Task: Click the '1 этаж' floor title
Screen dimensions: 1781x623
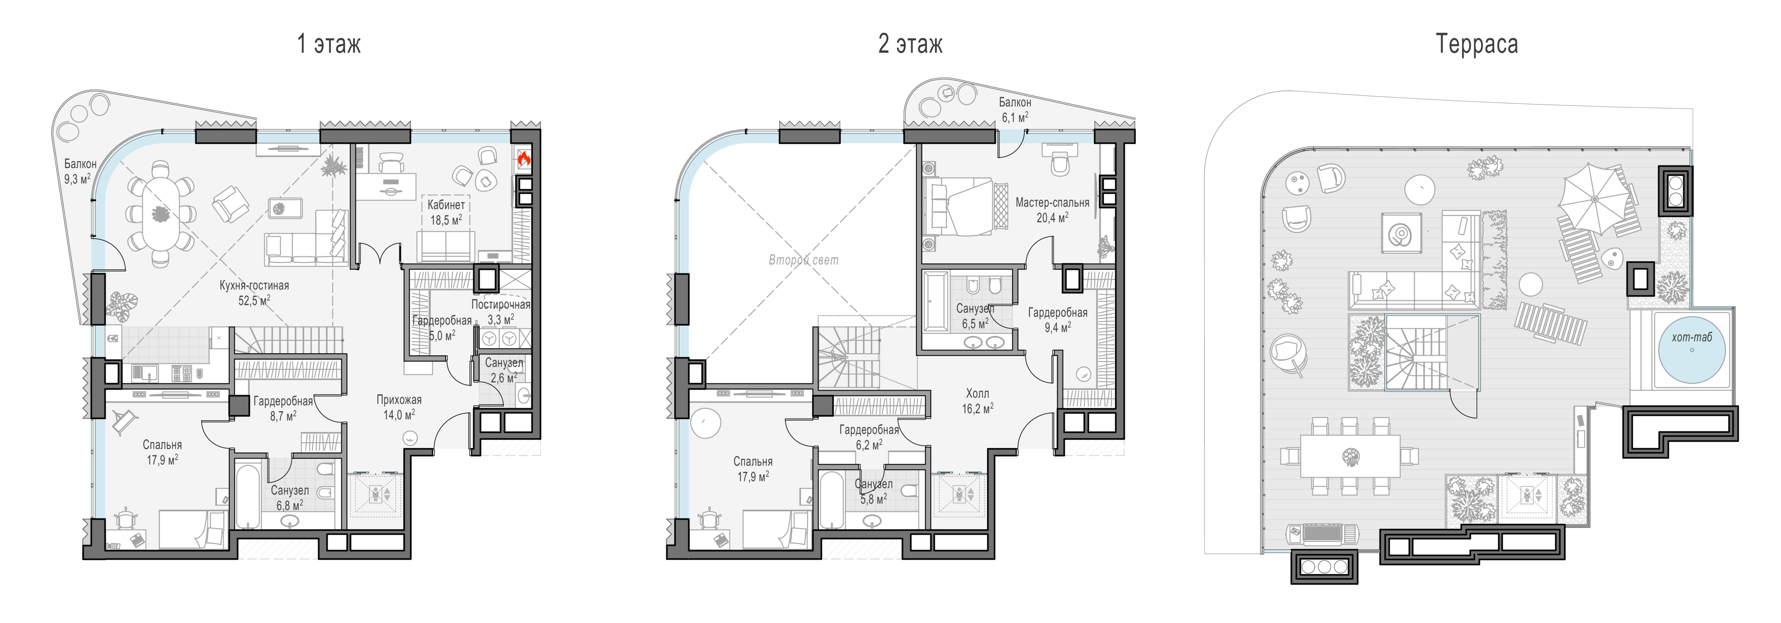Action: pos(329,44)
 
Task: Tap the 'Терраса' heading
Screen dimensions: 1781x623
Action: pos(1477,44)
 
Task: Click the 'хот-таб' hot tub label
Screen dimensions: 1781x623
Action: pos(1692,338)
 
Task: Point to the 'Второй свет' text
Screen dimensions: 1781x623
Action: pos(803,260)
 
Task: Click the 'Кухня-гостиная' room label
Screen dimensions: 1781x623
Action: pos(254,285)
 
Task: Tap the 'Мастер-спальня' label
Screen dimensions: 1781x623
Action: pos(1052,203)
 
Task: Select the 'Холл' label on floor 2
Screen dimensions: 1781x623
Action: pos(977,393)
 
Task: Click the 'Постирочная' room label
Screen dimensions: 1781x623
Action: pos(500,304)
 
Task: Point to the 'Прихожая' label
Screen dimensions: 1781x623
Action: pos(399,399)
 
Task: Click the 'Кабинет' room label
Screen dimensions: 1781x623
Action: pos(446,205)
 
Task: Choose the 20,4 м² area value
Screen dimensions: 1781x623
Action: pos(1052,217)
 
